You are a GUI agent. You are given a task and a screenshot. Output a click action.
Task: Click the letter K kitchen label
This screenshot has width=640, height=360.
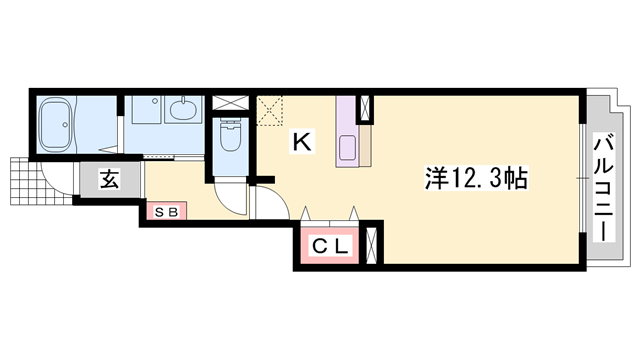[302, 143]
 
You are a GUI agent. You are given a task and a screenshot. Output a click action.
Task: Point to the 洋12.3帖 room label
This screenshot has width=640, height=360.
[476, 179]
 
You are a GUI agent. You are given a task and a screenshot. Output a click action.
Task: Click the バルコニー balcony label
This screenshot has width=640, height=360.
[604, 187]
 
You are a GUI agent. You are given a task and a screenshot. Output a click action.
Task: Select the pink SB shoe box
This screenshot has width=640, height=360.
[165, 211]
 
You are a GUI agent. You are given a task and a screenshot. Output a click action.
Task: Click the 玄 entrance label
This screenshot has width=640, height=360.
[108, 180]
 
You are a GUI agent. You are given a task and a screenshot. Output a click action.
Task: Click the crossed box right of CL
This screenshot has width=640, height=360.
[371, 245]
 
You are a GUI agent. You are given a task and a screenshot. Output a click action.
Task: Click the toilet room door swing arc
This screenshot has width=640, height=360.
[232, 196]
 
